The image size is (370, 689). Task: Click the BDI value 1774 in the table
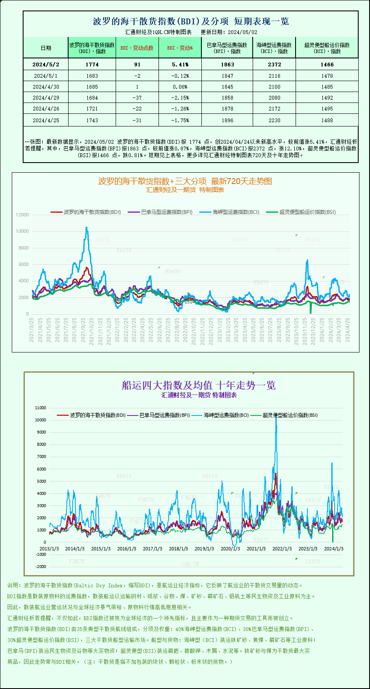click(92, 65)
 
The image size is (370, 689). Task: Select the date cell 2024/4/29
click(46, 98)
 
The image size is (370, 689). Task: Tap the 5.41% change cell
click(180, 65)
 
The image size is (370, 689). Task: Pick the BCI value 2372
click(274, 65)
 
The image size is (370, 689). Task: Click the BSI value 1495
click(327, 109)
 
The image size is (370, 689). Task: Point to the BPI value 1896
click(227, 121)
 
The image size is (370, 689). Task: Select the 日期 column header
click(46, 48)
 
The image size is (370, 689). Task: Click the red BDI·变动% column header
click(180, 48)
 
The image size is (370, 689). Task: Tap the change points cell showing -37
click(137, 98)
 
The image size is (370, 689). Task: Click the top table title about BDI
click(190, 21)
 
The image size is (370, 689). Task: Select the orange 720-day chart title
click(185, 181)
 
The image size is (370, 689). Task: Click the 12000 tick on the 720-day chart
click(22, 215)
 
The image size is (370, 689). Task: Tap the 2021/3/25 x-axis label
click(32, 330)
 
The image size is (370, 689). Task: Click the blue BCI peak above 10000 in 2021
click(87, 228)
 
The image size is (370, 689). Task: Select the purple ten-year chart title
click(198, 385)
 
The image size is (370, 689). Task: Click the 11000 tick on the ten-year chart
click(41, 408)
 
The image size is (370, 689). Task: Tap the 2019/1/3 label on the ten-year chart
click(204, 549)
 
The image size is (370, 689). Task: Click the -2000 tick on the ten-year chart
click(41, 566)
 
